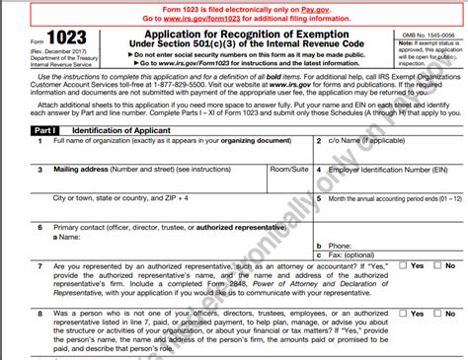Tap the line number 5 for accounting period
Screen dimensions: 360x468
pyautogui.click(x=320, y=197)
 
